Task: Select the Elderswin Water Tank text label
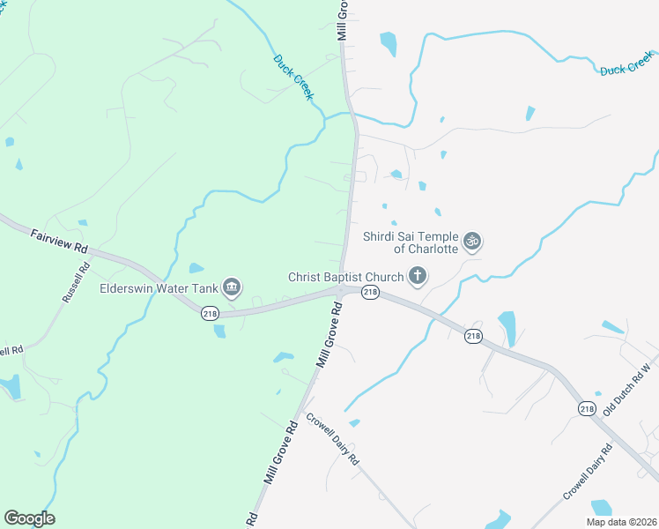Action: pos(159,287)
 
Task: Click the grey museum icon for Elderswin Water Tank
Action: pos(232,287)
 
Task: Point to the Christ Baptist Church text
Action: pos(345,277)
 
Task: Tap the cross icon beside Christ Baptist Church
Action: pos(418,278)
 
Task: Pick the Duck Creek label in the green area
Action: pos(293,77)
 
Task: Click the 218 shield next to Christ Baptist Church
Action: pos(370,292)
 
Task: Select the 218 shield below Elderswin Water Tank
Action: pos(210,313)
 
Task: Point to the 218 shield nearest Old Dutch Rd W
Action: pos(588,408)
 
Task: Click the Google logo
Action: pos(29,518)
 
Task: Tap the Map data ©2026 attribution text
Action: pos(621,522)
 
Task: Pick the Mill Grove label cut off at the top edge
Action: pos(342,19)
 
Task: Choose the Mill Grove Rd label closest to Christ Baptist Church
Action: pos(328,334)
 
